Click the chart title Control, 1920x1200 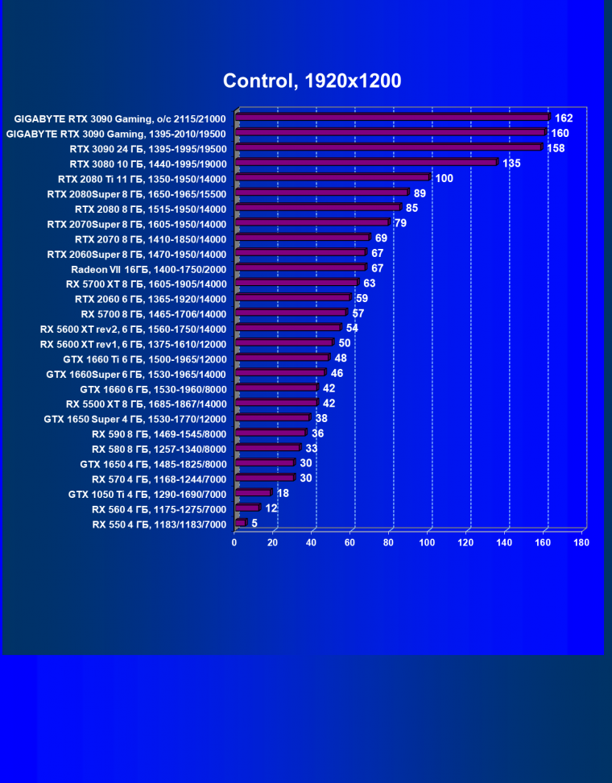click(312, 81)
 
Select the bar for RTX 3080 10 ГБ click(366, 163)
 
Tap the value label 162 click(564, 118)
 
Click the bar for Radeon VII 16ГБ click(300, 267)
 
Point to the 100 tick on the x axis click(428, 543)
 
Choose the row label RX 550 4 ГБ click(159, 525)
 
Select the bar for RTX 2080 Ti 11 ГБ click(333, 177)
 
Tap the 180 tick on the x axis click(581, 543)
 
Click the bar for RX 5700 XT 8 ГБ click(296, 283)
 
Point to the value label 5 click(254, 524)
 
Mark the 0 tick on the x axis click(234, 543)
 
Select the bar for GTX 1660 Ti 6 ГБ click(282, 357)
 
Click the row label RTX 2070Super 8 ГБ click(137, 224)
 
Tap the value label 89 click(420, 193)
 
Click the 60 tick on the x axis click(350, 543)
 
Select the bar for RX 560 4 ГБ click(247, 508)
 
